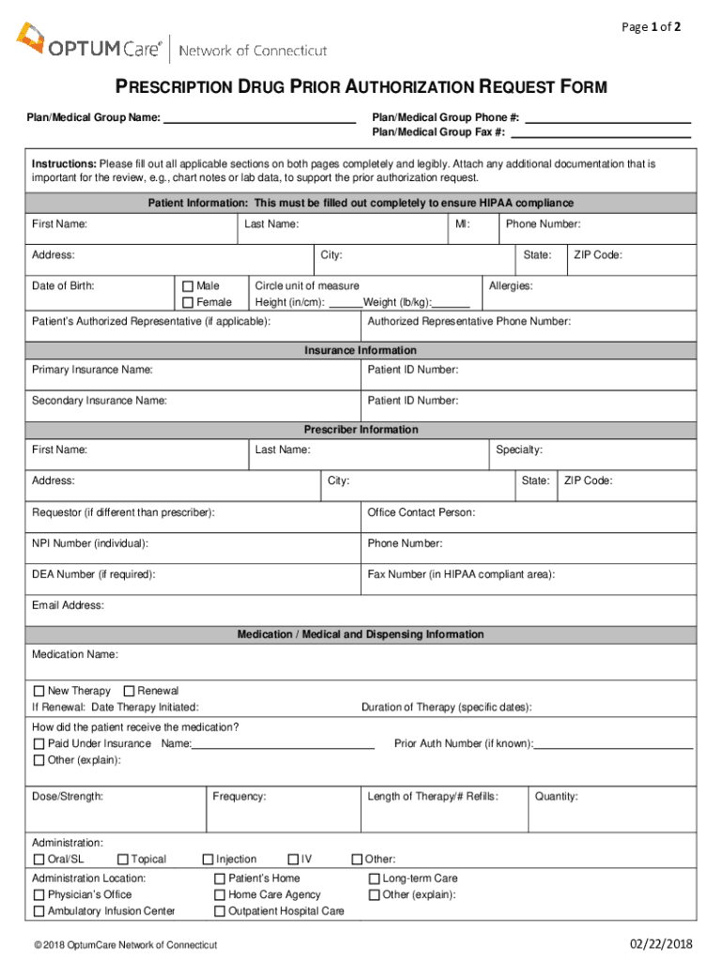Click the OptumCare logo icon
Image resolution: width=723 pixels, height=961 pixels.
[x=30, y=38]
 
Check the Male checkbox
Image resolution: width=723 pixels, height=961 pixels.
[x=187, y=286]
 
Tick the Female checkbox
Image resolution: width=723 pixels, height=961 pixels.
[x=187, y=302]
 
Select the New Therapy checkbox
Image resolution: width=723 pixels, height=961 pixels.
[x=38, y=691]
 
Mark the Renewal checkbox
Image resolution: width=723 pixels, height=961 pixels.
[x=130, y=691]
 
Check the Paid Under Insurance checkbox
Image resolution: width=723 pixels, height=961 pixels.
[x=38, y=744]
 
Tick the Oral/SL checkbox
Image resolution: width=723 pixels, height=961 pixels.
[x=38, y=860]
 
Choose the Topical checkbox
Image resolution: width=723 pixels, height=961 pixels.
[x=123, y=860]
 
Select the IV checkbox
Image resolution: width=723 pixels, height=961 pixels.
[x=294, y=860]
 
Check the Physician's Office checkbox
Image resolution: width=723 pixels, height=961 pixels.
[x=38, y=895]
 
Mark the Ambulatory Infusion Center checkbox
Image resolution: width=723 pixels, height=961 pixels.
[x=38, y=911]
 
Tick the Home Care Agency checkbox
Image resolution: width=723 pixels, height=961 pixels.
[x=220, y=895]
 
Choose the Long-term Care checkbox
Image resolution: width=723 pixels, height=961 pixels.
[x=374, y=879]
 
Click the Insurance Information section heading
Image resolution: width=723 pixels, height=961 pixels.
[x=361, y=350]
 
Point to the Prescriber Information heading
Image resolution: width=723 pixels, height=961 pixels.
[x=361, y=430]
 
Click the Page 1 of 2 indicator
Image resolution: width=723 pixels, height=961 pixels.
[x=652, y=27]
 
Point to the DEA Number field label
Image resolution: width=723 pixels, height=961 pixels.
[x=94, y=574]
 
